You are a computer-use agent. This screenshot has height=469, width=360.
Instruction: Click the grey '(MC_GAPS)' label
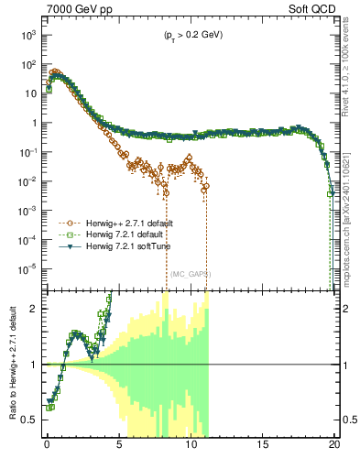click(x=190, y=273)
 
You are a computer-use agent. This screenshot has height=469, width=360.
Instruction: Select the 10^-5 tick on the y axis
click(x=27, y=268)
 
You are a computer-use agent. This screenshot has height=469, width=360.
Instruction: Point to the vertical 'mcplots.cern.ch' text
click(x=350, y=211)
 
